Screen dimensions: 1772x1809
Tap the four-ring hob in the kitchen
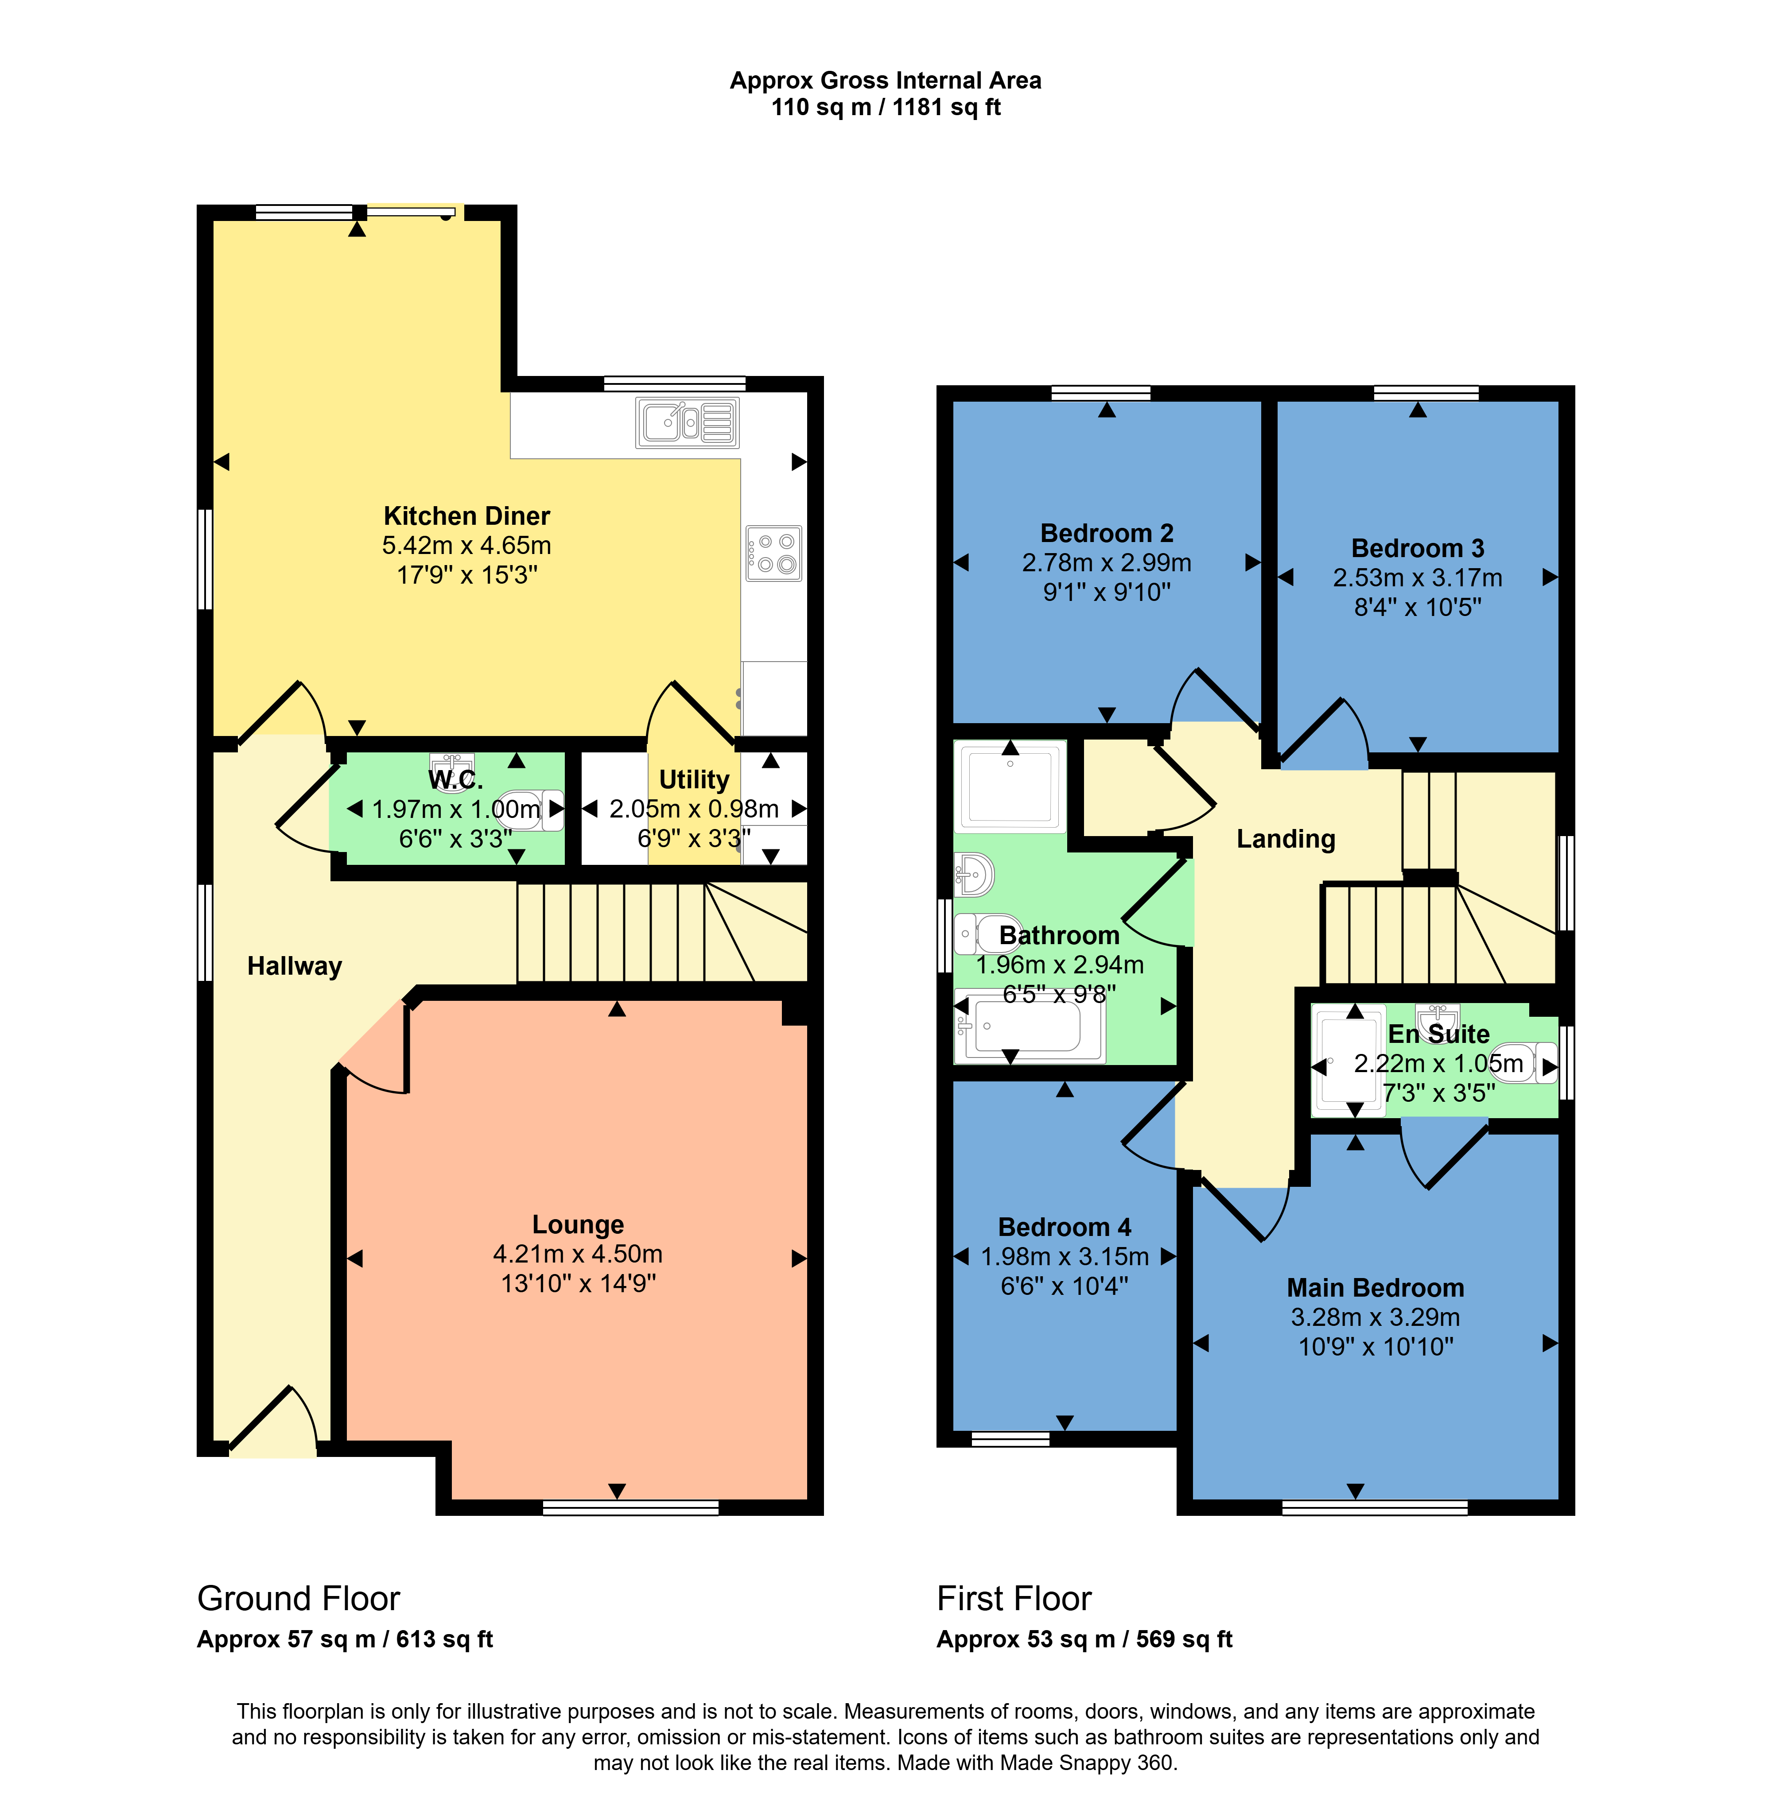point(773,554)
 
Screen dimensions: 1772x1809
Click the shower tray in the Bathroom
point(1011,786)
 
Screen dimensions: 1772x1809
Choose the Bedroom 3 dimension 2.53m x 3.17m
point(1418,578)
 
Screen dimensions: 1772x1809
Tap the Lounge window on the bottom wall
point(631,1508)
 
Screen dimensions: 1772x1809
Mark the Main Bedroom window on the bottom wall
point(1375,1508)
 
